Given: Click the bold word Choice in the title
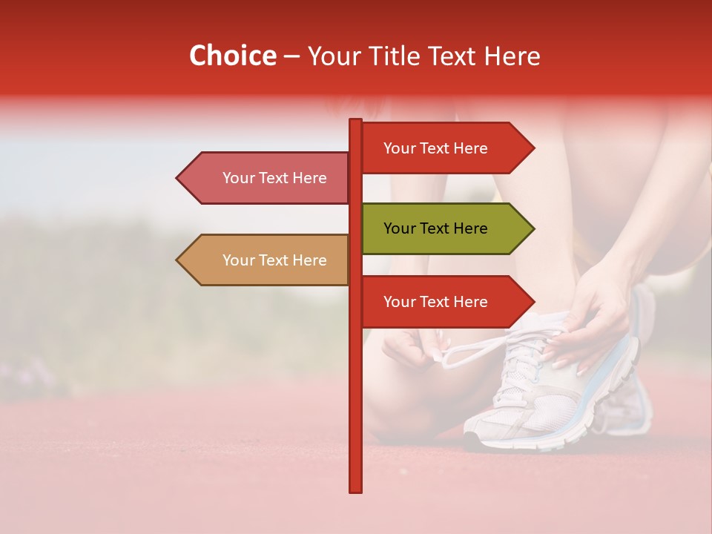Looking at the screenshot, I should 232,56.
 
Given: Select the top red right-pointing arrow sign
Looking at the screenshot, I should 445,148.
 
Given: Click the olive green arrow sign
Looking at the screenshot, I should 445,228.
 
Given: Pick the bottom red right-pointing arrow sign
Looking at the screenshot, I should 445,302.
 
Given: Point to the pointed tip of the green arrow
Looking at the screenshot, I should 533,228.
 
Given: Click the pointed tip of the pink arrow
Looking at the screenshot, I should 178,178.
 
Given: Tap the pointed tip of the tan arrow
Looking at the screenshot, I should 178,260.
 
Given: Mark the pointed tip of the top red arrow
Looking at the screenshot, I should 533,148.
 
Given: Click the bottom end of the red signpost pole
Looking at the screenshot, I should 355,489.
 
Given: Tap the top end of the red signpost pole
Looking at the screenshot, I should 355,121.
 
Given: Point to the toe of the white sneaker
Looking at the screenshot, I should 482,434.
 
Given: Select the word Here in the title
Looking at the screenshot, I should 512,56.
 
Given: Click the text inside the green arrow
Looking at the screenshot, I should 435,228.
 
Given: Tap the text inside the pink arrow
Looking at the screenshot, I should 274,178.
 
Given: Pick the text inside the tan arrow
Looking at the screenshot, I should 274,260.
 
